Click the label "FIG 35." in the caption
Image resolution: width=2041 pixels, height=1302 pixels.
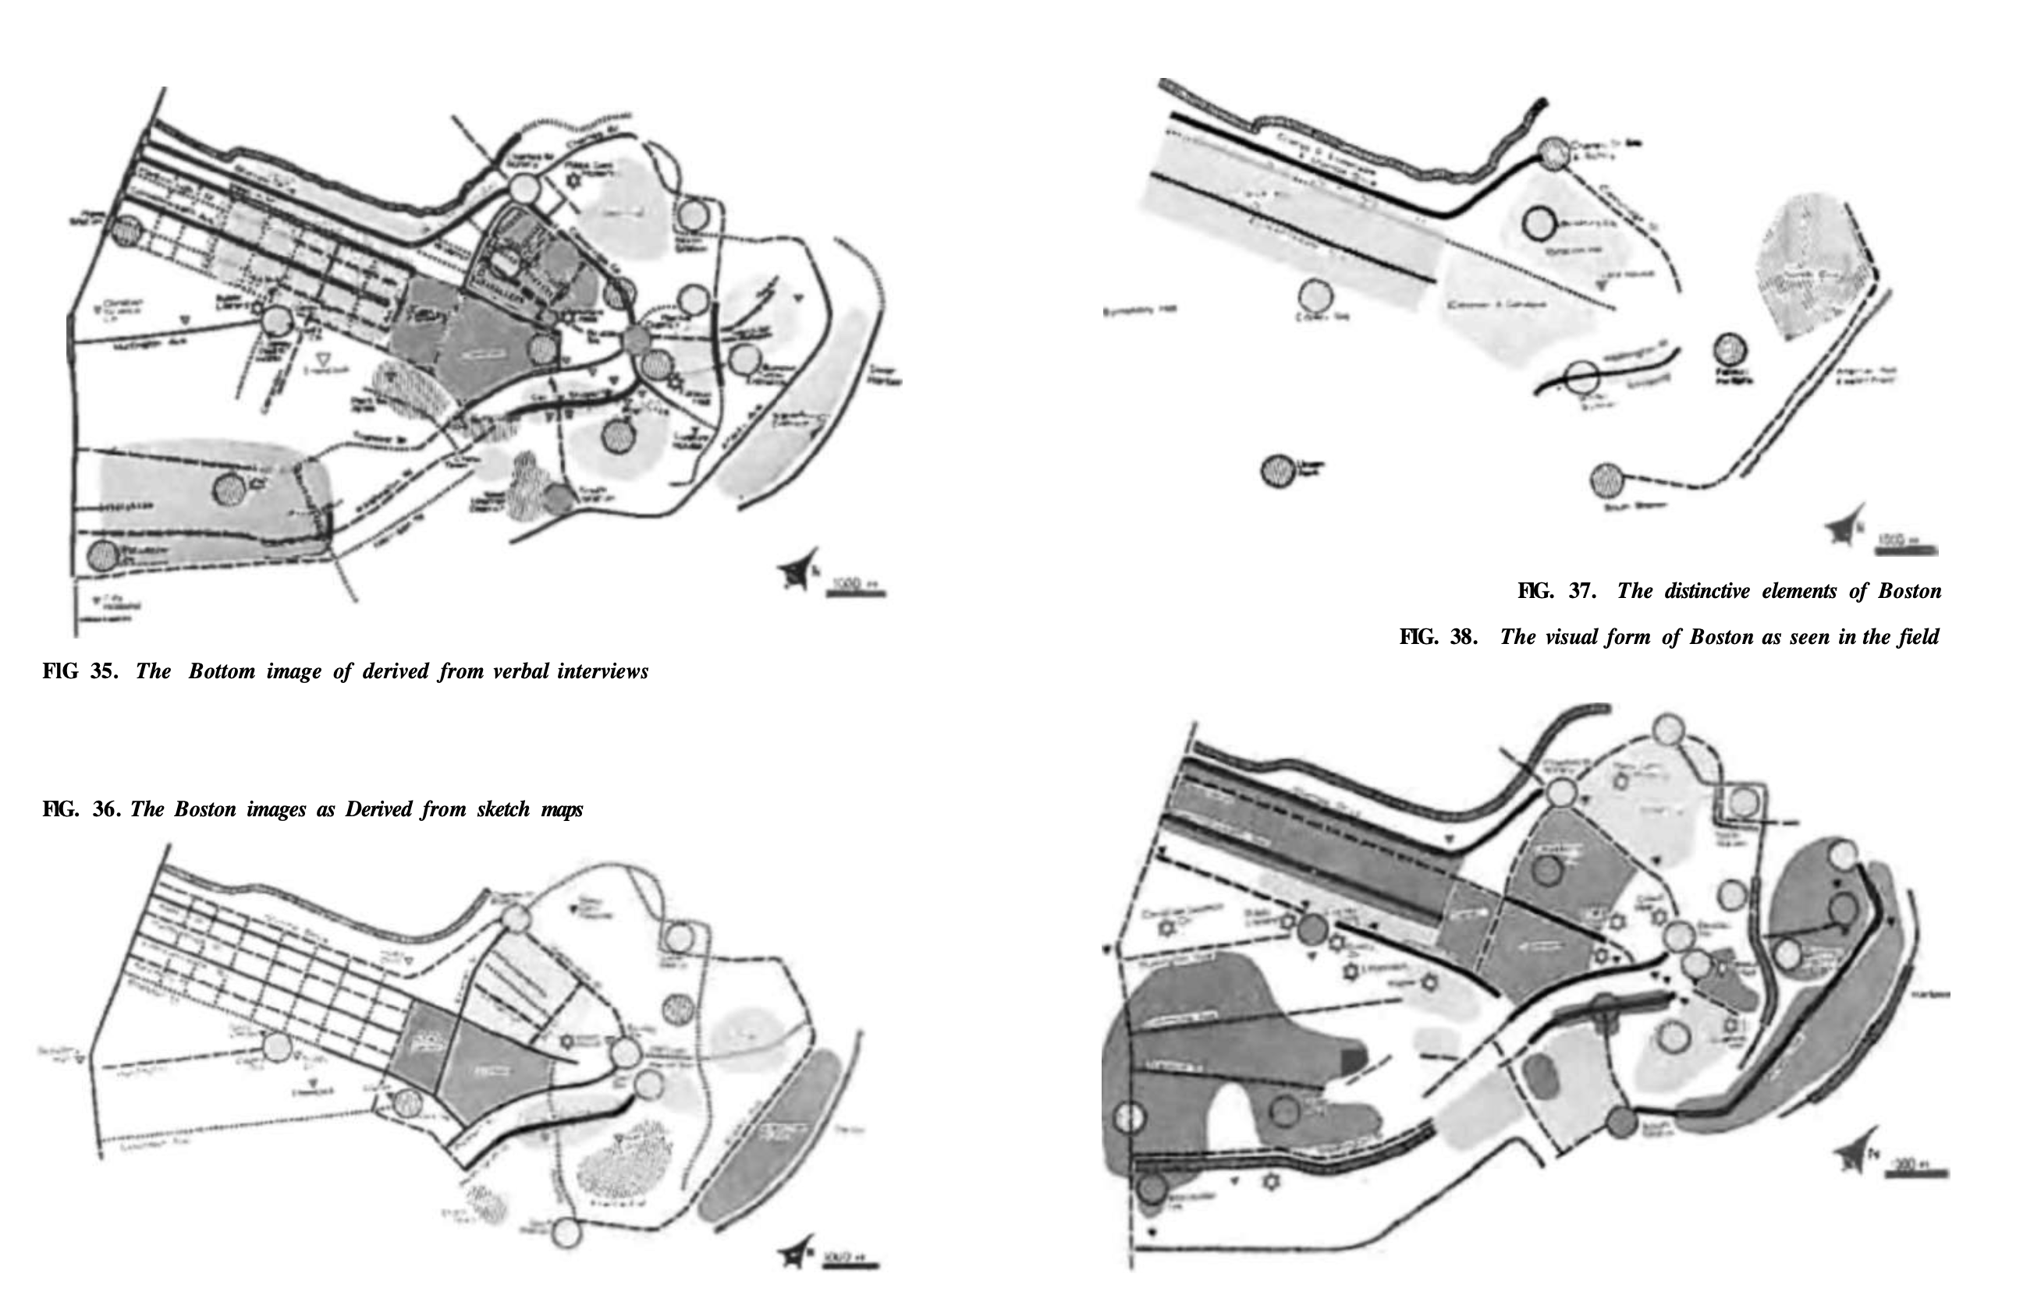point(80,672)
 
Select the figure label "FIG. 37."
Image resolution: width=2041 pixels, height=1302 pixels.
point(1557,591)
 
